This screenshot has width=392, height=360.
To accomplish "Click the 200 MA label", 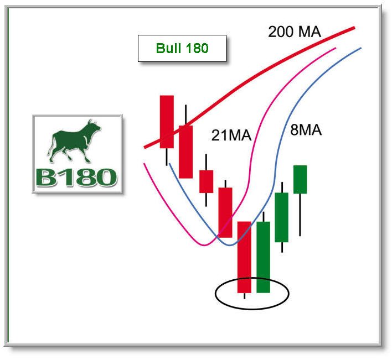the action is (294, 32).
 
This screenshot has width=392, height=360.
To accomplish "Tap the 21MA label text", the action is (231, 135).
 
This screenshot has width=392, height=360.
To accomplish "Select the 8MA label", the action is (306, 130).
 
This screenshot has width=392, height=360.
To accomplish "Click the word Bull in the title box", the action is (167, 48).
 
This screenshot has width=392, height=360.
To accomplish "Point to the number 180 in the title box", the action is (197, 48).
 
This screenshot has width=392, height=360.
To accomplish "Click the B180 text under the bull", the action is (76, 178).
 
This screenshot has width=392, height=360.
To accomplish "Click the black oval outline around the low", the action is (252, 309).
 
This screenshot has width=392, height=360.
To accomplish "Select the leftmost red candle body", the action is (167, 122).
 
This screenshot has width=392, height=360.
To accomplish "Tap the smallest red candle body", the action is (206, 181).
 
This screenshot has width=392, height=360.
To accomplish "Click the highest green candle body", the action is (300, 179).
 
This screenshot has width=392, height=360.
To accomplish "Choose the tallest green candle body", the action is (263, 257).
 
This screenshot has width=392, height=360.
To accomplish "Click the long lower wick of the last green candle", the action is (300, 215).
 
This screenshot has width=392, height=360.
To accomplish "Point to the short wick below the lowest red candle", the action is (244, 296).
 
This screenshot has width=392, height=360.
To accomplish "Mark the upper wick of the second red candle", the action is (185, 115).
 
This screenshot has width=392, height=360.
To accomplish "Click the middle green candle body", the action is (282, 217).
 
